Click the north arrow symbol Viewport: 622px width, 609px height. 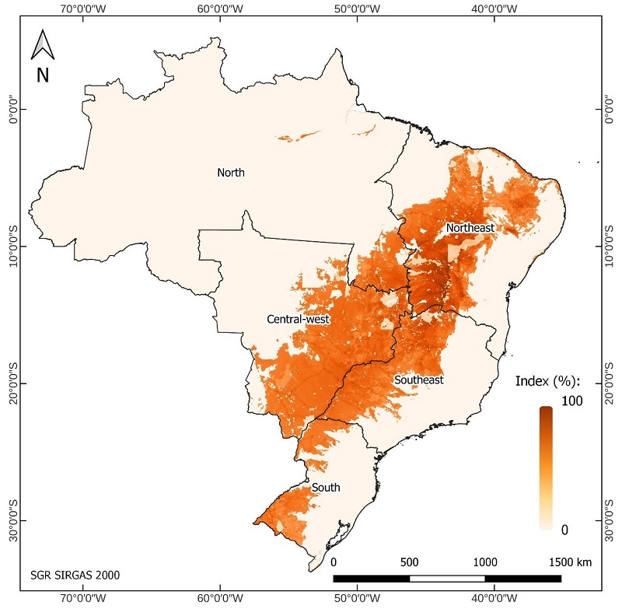[42, 45]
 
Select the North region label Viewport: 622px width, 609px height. [231, 173]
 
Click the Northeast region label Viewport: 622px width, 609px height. [470, 228]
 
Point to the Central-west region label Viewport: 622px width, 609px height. [298, 319]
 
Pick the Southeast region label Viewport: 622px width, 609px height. [418, 380]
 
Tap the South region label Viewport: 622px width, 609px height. [326, 488]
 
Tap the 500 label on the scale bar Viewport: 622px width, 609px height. [409, 562]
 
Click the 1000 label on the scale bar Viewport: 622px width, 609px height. [485, 562]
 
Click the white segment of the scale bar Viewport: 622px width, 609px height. [447, 578]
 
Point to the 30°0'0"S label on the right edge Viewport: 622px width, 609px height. [612, 520]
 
